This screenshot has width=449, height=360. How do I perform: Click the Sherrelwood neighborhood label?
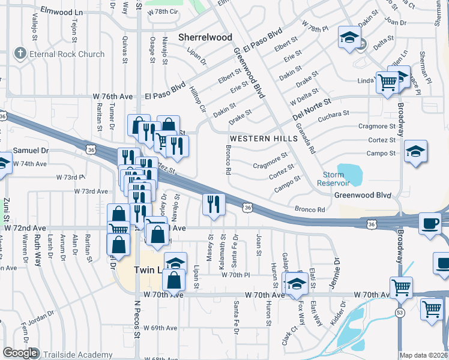click(205, 37)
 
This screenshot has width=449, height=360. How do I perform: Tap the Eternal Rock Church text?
click(65, 54)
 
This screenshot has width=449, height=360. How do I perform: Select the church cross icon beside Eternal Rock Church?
click(20, 54)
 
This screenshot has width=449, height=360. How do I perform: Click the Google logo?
click(20, 353)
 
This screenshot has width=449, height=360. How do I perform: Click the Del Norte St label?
click(312, 109)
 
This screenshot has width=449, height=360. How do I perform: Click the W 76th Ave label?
click(112, 96)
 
